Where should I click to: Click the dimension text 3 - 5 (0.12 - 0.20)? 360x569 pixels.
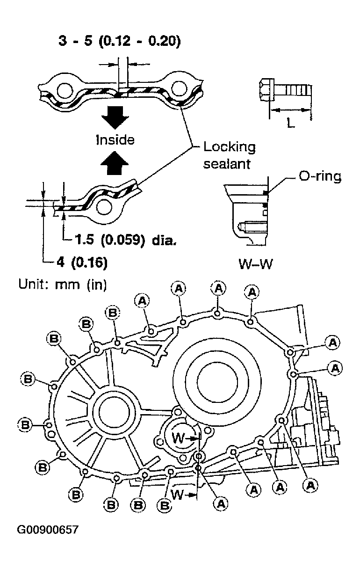point(120,41)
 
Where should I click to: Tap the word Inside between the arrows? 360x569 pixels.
point(115,140)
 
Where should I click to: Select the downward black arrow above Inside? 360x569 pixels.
point(115,117)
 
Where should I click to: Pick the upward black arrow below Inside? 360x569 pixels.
point(115,163)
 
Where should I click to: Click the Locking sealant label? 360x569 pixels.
point(230,155)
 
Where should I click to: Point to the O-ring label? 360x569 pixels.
point(320,176)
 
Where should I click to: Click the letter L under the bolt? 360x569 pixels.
point(291,123)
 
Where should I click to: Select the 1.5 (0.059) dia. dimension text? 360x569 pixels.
point(126,240)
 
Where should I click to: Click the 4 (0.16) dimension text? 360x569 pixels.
point(82,262)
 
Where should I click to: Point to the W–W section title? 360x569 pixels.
point(256,264)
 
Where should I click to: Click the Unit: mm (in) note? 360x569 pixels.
point(63,284)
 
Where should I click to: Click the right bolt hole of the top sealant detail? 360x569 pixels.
point(180,88)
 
